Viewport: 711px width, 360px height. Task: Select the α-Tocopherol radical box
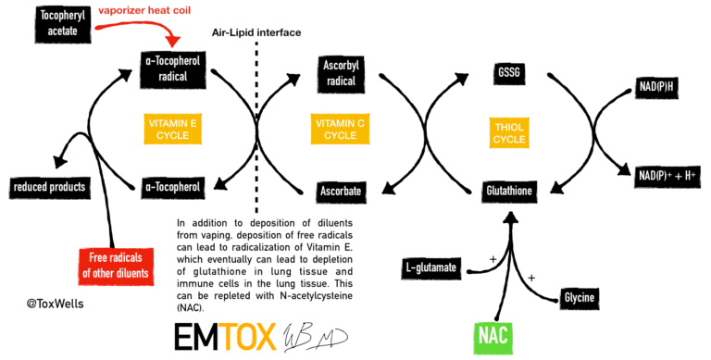click(172, 69)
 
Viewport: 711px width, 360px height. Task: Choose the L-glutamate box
click(431, 267)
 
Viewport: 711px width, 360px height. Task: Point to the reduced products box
click(48, 187)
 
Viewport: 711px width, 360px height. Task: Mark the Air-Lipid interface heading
click(256, 32)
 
